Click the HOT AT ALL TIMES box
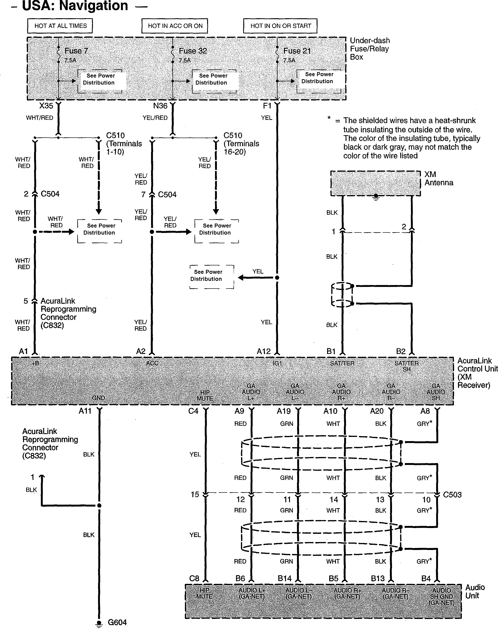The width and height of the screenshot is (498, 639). (x=60, y=26)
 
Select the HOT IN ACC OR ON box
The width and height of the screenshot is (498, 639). (x=175, y=26)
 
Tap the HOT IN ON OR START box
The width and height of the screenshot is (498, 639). (x=280, y=26)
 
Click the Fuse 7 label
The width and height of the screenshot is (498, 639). (x=76, y=51)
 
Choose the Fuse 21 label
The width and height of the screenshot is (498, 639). (x=297, y=51)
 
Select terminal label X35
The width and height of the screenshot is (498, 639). (x=46, y=106)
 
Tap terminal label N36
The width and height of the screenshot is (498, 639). (x=160, y=106)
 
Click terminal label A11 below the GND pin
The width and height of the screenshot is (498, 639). (x=85, y=411)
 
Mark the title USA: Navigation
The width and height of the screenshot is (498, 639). (x=75, y=6)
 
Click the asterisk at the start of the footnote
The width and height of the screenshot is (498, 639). (x=329, y=118)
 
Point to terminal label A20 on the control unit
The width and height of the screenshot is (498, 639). (x=377, y=411)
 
